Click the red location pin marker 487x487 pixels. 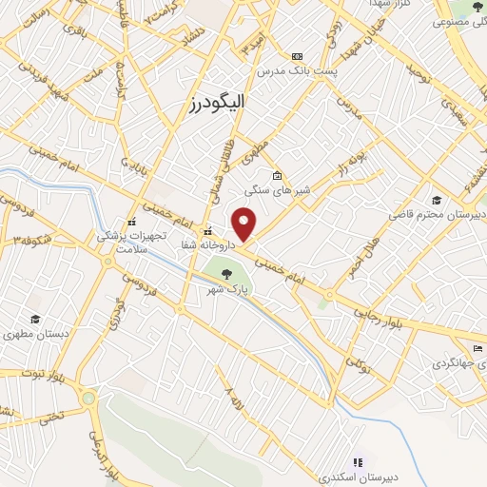(x=244, y=224)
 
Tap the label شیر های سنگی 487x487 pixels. (x=272, y=190)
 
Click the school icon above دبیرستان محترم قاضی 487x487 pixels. (x=436, y=200)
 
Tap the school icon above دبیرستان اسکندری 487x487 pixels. (x=359, y=461)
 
